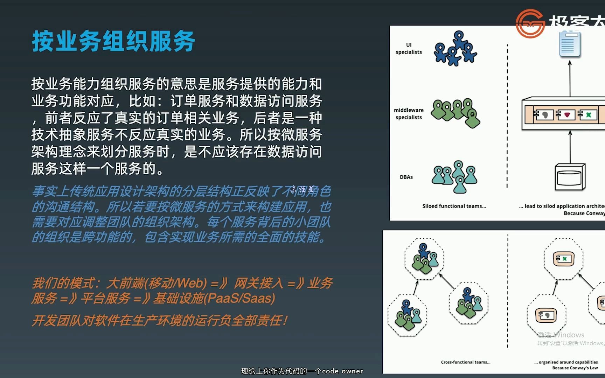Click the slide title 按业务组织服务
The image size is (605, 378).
pyautogui.click(x=113, y=41)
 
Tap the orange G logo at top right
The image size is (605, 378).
pyautogui.click(x=530, y=23)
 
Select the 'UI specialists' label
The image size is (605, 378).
pyautogui.click(x=409, y=49)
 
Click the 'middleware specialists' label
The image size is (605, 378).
pyautogui.click(x=409, y=114)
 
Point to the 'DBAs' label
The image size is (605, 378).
pyautogui.click(x=406, y=177)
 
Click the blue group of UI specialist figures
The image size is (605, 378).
pyautogui.click(x=455, y=49)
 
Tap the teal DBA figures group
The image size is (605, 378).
pyautogui.click(x=455, y=176)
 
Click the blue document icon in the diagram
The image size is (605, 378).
pyautogui.click(x=570, y=44)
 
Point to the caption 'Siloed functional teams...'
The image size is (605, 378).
pyautogui.click(x=454, y=206)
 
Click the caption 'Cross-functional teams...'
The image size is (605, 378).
pyautogui.click(x=466, y=362)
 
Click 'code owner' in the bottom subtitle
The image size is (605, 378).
pyautogui.click(x=342, y=371)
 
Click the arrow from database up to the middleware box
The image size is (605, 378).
pyautogui.click(x=570, y=147)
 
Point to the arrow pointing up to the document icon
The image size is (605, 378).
pyautogui.click(x=570, y=78)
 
